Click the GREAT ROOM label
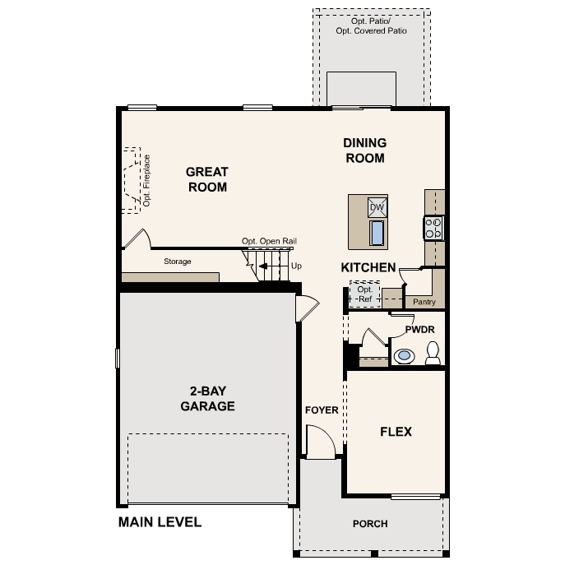[207, 179]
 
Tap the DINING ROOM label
[364, 151]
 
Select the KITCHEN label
[368, 267]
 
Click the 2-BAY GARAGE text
[207, 399]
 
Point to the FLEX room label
[396, 431]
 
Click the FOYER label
[322, 410]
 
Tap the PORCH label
[370, 524]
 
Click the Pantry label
[424, 302]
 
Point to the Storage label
[177, 262]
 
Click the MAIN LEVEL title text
[160, 522]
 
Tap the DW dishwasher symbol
[377, 206]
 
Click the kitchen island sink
[377, 234]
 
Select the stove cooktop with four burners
[433, 227]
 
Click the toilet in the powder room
[433, 354]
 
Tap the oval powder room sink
[404, 356]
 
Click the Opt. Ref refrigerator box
[364, 294]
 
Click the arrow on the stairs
[264, 266]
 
